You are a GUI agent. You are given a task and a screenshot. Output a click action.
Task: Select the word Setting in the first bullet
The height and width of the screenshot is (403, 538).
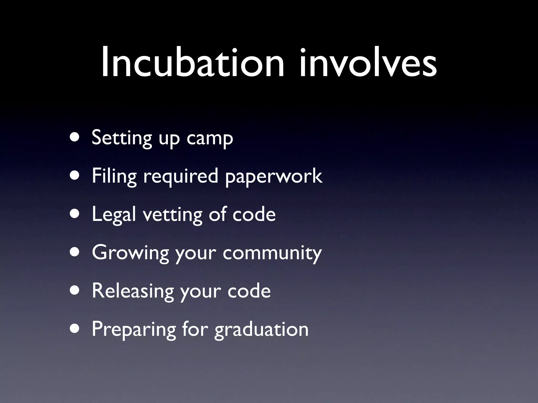(x=122, y=138)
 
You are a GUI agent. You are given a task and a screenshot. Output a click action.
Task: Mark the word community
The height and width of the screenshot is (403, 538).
(x=272, y=253)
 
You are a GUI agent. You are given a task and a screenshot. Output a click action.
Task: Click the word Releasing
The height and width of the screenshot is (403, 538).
(x=133, y=291)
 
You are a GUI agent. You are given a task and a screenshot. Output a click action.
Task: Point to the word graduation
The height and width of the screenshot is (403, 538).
(x=261, y=330)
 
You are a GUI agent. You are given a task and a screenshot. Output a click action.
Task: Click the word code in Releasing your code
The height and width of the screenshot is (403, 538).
(x=249, y=291)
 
